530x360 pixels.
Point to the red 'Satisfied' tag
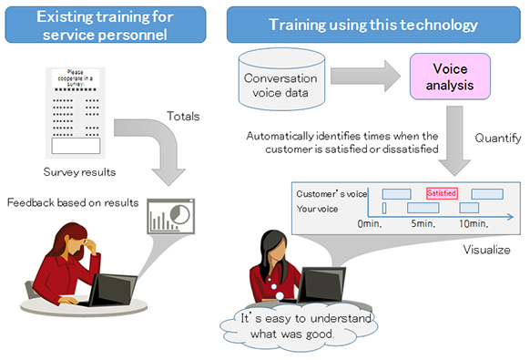442,193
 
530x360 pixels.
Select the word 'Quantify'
496,139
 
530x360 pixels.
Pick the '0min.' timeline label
370,223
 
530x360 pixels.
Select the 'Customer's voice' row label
331,194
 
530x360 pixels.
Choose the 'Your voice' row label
320,209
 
